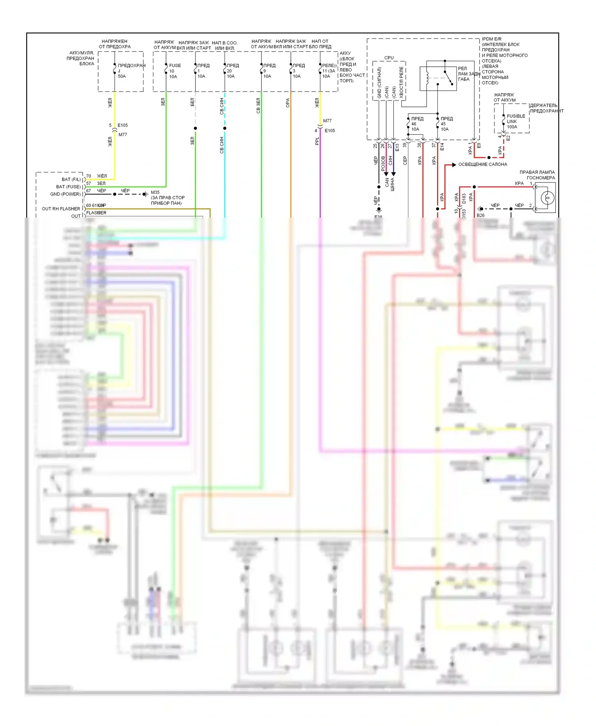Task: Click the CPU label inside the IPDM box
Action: [x=389, y=58]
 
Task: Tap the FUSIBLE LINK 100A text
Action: [x=515, y=122]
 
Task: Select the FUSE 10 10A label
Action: [x=174, y=71]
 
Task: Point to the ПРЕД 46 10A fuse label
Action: [x=416, y=124]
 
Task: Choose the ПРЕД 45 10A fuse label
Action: [x=446, y=124]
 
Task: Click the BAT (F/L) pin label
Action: [x=71, y=180]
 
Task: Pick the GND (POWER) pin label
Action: [x=65, y=194]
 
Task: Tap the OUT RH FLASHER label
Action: [x=61, y=209]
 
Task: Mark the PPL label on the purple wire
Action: [x=317, y=141]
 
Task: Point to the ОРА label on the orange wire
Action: [x=288, y=103]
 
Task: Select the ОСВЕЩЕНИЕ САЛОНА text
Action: [x=482, y=164]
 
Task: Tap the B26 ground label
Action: [x=480, y=215]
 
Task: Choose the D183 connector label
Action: [x=464, y=199]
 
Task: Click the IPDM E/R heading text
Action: [x=492, y=39]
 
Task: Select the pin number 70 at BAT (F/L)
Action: [x=89, y=176]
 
